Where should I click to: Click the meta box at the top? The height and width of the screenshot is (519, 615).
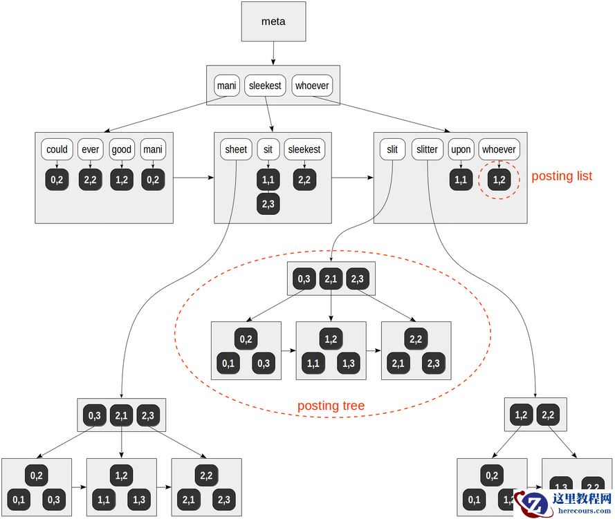(x=273, y=21)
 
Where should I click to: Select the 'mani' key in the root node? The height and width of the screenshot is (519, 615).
(x=226, y=86)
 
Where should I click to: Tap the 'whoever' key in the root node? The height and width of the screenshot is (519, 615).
(x=313, y=86)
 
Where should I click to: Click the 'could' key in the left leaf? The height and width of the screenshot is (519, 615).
(x=57, y=149)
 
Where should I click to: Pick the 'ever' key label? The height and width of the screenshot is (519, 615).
(x=90, y=149)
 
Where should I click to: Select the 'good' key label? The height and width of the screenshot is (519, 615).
(x=122, y=149)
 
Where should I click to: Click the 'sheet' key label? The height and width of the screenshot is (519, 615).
(x=236, y=149)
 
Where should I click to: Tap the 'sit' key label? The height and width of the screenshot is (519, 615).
(x=268, y=149)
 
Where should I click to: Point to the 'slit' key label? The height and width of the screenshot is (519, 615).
(x=392, y=149)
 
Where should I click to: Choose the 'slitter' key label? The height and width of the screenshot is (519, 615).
(x=427, y=149)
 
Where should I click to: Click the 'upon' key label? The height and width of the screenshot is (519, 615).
(x=461, y=149)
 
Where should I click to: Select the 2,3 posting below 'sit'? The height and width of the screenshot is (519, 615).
(x=268, y=204)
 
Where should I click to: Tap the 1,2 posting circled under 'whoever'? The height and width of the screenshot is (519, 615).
(x=499, y=180)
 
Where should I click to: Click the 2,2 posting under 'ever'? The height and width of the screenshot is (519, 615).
(x=90, y=180)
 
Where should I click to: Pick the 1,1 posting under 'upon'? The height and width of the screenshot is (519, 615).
(x=461, y=180)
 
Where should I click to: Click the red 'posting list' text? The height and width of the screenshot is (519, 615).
(x=562, y=176)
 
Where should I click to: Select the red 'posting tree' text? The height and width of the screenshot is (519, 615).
(x=331, y=406)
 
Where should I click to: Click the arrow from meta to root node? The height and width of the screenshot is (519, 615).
(x=273, y=53)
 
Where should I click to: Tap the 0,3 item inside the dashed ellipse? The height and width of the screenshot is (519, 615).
(x=304, y=279)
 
